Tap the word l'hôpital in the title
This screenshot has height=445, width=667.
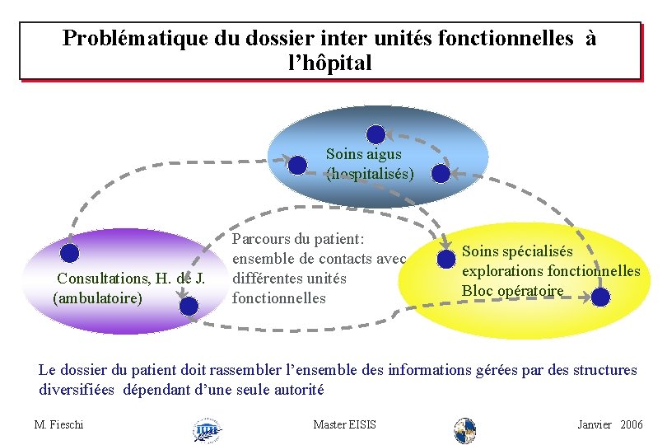point(326,63)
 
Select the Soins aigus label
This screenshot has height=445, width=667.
point(363,153)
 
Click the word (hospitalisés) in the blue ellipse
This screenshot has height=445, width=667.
point(370,174)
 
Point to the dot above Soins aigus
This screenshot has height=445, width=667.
point(375,133)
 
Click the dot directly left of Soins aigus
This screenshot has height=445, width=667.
point(298,165)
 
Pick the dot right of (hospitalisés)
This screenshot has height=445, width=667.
point(441,173)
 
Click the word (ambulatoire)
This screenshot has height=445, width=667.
point(97,297)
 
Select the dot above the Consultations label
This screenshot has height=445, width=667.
point(70,254)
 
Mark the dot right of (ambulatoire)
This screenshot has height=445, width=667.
point(189,307)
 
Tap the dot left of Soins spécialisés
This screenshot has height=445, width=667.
point(447,259)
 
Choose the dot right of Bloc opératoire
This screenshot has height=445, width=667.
point(601,297)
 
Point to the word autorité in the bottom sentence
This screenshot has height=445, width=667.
point(299,390)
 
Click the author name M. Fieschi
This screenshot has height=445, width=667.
point(59,424)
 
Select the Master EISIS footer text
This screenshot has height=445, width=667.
point(345,424)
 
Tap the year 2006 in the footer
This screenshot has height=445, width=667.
point(632,424)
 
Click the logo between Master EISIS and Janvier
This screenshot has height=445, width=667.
point(465,430)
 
